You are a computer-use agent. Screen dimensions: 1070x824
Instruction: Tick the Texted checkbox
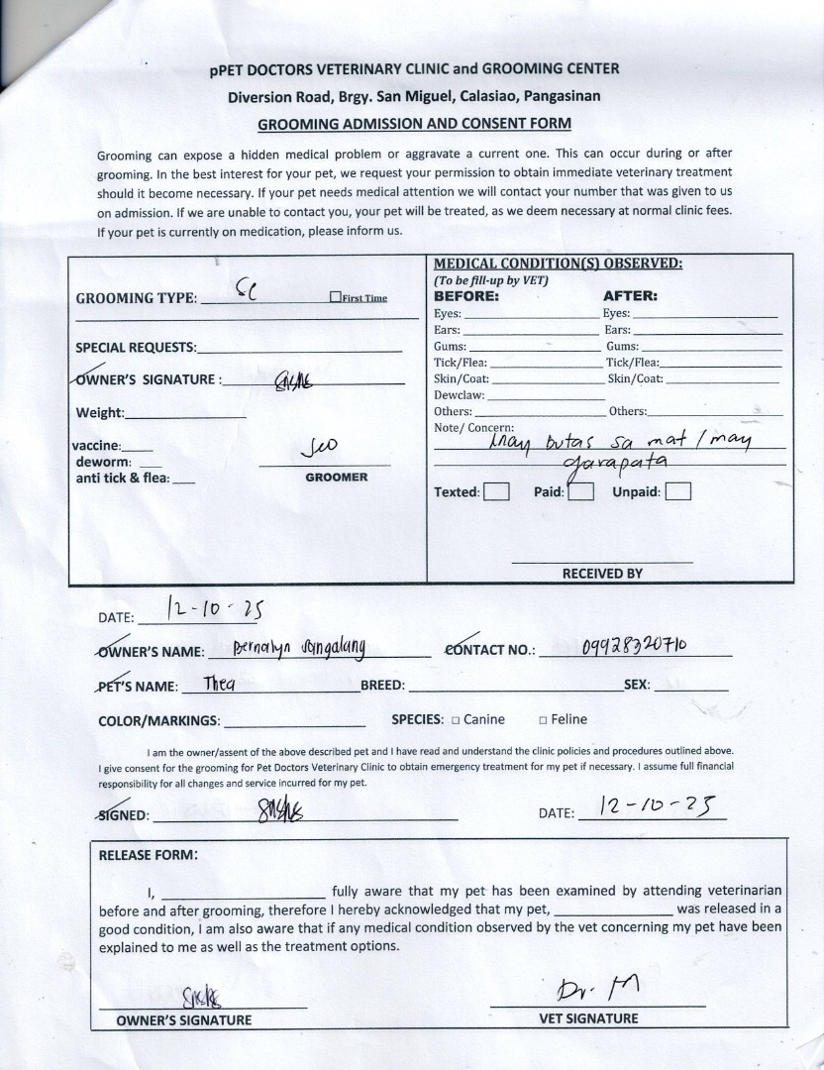click(497, 491)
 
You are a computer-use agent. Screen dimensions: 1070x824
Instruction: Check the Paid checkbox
click(580, 491)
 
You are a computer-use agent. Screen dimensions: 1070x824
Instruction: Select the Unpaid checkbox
click(678, 491)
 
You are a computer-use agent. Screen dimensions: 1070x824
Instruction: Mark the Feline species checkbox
click(543, 720)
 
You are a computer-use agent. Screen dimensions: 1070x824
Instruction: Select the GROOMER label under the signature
click(336, 478)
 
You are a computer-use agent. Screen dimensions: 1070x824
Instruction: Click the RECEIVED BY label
click(602, 574)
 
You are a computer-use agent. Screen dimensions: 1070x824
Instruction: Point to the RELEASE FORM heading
click(148, 855)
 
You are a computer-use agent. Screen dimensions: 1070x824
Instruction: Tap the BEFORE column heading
click(465, 295)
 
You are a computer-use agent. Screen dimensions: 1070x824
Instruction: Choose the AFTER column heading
click(630, 295)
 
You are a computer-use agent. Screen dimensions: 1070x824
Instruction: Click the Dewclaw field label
click(459, 395)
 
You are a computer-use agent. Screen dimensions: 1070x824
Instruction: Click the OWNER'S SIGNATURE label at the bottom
click(184, 1019)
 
